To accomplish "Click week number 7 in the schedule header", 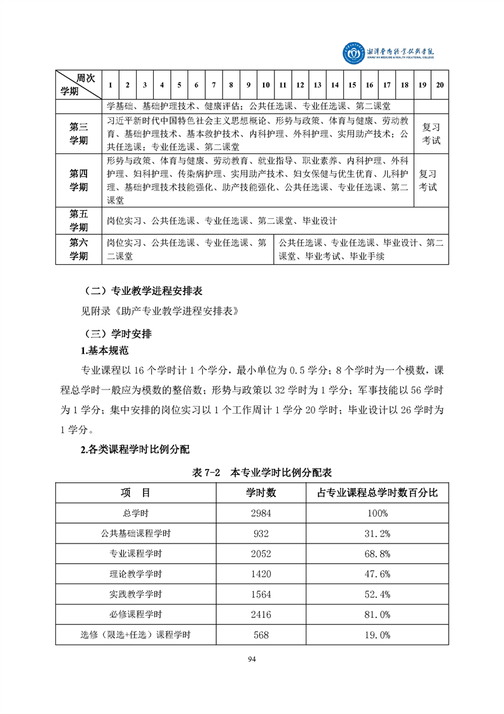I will [x=214, y=85].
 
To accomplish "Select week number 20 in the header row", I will [x=440, y=85].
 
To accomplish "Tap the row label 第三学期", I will [x=79, y=134].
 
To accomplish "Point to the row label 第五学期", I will [x=79, y=221].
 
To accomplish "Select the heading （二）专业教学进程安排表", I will [x=144, y=291].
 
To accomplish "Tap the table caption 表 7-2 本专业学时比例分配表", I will [x=262, y=473].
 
